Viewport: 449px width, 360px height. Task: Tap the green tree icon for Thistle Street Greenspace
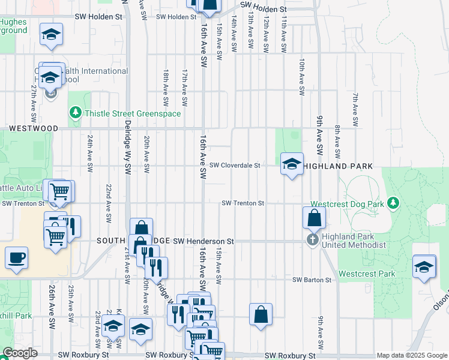point(76,112)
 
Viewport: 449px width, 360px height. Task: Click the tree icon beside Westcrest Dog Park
point(393,203)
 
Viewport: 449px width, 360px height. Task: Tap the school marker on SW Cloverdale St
point(292,164)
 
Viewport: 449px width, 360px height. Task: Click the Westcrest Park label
point(367,274)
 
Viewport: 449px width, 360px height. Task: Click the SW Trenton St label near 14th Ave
point(243,203)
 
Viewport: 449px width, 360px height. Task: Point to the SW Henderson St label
point(203,241)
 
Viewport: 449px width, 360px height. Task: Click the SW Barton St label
point(312,280)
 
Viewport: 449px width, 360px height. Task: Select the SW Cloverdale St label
point(234,166)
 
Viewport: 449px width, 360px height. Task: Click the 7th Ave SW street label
point(355,109)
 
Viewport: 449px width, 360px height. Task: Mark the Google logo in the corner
point(20,353)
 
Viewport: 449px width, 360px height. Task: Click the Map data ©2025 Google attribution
point(411,355)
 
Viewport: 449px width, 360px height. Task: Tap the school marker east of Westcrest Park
point(424,267)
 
